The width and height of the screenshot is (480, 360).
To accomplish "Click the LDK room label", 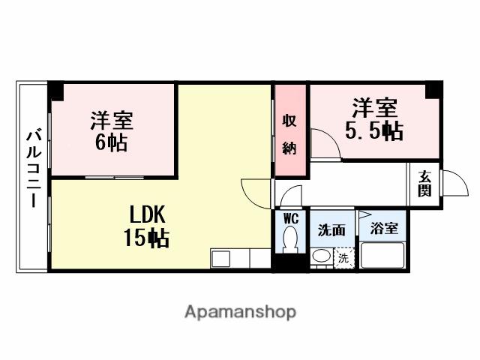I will click(146, 214).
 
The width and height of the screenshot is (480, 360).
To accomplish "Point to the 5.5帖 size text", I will click(373, 132).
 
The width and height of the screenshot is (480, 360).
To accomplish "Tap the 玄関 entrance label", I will click(425, 184).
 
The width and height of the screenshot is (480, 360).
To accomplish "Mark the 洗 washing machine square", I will click(343, 257).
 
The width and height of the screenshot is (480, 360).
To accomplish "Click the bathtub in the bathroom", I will click(383, 256).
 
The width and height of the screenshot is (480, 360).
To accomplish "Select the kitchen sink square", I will click(222, 259).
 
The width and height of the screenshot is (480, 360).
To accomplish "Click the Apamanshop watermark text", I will click(240, 311).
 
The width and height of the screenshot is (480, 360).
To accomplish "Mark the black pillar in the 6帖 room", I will click(56, 91).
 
